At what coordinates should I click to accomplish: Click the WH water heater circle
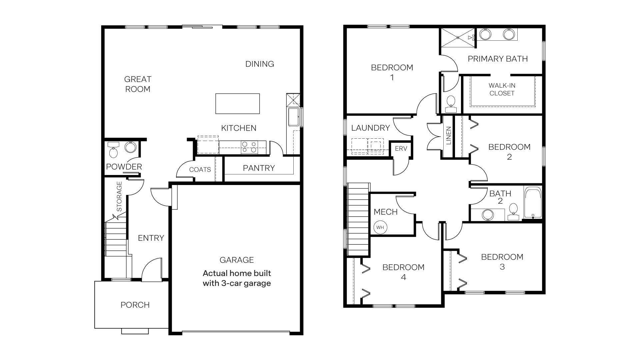pos(380,227)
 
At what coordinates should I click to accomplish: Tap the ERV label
pos(401,149)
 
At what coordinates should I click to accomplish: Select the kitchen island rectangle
pos(237,104)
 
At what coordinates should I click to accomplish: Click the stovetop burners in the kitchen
pos(249,147)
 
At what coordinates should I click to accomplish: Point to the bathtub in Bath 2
pos(533,203)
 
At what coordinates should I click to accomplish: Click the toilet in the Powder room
pos(113,151)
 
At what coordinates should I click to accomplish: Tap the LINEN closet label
pos(448,136)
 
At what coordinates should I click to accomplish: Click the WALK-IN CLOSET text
pos(502,89)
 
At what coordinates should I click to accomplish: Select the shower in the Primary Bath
pos(458,38)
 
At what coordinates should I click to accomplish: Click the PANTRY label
pos(259,168)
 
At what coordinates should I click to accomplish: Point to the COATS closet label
pos(200,170)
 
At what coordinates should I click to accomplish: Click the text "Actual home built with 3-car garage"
pos(237,278)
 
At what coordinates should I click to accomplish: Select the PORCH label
pos(135,305)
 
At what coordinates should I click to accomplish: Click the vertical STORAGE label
pos(119,196)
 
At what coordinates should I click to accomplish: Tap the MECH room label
pos(385,212)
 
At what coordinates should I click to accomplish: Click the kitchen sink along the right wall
pos(293,117)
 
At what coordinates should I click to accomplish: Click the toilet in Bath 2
pos(513,211)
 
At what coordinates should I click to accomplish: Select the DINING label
pos(259,64)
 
